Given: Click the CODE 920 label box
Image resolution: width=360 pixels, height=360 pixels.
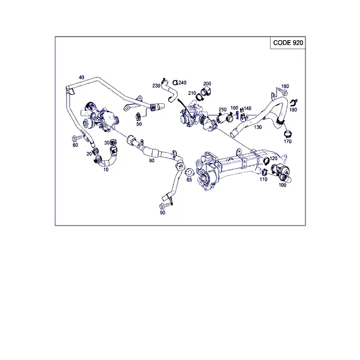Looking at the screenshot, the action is tap(287, 43).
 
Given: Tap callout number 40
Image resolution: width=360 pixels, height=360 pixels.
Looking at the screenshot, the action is tap(81, 77).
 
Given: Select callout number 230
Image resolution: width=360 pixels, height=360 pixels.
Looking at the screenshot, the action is tap(156, 86).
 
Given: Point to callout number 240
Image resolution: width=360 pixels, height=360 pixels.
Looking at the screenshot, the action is tap(182, 82).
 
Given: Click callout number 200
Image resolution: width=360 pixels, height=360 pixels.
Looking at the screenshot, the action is tap(207, 83).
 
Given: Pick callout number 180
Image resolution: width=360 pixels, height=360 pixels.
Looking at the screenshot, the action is tap(285, 86).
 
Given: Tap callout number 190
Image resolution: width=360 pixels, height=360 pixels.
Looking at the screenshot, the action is tap(293, 110).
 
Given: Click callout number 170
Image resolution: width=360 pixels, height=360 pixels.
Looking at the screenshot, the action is tap(287, 142).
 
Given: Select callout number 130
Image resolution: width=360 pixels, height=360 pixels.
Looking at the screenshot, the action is tap(257, 127).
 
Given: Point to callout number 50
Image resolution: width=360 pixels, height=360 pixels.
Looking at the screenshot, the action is tap(139, 124).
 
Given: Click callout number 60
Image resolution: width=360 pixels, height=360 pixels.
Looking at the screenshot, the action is tap(76, 145).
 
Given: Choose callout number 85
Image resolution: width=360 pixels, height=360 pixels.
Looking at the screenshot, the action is tap(189, 179).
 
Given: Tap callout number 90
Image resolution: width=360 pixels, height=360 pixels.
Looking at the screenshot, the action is tap(163, 212).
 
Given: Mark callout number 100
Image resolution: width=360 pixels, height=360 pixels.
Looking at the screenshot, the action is tap(282, 185).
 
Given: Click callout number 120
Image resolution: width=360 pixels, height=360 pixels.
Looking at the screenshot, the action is tap(274, 158).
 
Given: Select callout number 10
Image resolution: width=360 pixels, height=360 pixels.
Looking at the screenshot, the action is tap(106, 170).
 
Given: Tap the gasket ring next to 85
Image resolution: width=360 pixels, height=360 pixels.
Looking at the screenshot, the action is tap(190, 172).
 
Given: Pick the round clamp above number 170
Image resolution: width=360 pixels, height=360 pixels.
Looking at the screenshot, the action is tap(287, 134).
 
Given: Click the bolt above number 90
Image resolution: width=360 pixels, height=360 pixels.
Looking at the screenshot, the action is tap(165, 205).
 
